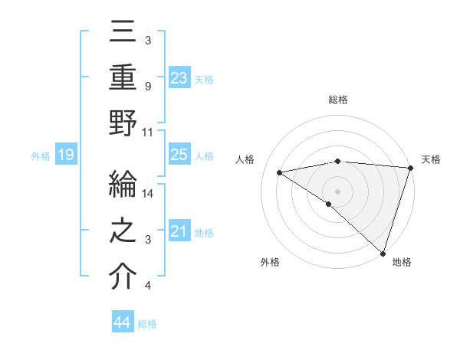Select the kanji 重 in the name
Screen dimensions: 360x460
[x=123, y=79]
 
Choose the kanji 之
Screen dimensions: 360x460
[x=123, y=232]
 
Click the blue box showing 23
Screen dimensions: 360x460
[x=179, y=77]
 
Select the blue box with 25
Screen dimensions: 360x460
[x=179, y=155]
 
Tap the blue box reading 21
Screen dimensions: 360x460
[x=179, y=231]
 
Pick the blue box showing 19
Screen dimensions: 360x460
[x=66, y=155]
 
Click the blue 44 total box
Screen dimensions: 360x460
[x=122, y=322]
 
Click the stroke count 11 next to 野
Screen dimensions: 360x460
[x=149, y=131]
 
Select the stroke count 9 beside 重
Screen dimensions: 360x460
[x=148, y=86]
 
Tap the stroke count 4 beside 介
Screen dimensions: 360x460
[x=148, y=286]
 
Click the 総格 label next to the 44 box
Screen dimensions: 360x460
[x=148, y=324]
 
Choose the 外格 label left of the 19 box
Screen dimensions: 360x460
[x=41, y=156]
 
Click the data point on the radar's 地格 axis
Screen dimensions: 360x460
[x=383, y=252]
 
